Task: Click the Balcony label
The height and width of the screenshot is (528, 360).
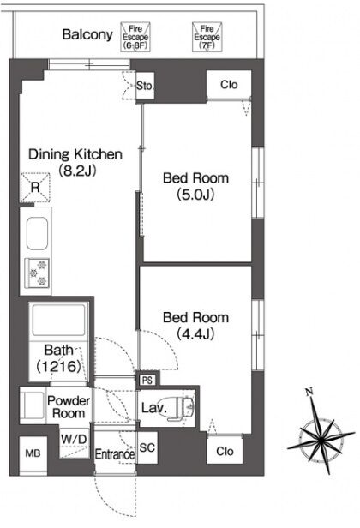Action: [x=87, y=34]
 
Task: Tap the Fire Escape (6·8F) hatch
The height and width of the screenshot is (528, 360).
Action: [x=135, y=37]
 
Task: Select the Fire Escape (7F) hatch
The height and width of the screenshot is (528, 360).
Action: [x=207, y=37]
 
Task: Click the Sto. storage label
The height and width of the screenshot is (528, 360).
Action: [x=145, y=86]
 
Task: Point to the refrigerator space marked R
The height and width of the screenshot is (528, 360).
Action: [x=35, y=187]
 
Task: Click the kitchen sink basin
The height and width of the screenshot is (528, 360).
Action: [x=37, y=233]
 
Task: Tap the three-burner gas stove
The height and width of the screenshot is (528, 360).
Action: [x=38, y=273]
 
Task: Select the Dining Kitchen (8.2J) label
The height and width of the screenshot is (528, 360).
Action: [x=75, y=162]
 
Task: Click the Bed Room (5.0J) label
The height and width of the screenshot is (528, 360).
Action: [x=195, y=186]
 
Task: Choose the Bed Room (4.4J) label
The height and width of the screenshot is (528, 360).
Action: [x=195, y=326]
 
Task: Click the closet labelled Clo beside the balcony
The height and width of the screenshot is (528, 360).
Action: [x=229, y=85]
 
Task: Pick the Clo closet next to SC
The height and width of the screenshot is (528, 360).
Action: [x=225, y=451]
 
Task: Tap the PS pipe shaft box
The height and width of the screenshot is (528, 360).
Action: [x=147, y=381]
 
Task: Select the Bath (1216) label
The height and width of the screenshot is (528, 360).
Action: [x=59, y=358]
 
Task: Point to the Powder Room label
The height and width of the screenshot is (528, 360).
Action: [x=69, y=407]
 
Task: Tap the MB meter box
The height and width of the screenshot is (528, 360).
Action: [x=33, y=453]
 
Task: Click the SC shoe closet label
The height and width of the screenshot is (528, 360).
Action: [x=147, y=447]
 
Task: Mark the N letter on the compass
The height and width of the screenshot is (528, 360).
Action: [x=309, y=392]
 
